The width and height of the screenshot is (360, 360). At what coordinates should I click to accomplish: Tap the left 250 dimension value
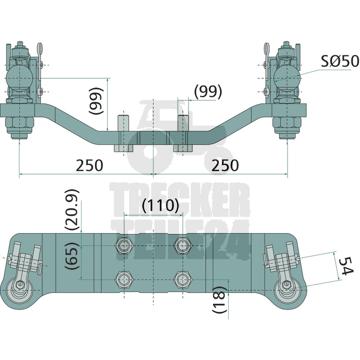coord(89,165)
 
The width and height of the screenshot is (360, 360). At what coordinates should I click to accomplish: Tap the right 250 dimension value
coord(225,165)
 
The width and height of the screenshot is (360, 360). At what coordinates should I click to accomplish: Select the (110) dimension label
coord(160,206)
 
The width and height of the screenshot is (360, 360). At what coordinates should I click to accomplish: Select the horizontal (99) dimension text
coord(208,91)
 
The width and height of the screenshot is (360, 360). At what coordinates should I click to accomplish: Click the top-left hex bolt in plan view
coord(124,246)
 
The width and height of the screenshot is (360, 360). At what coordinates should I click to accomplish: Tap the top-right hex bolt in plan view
coord(182,246)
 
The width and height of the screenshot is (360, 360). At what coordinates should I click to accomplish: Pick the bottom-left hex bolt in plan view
coord(124,279)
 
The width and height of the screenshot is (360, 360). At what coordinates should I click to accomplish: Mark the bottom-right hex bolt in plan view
coord(182,279)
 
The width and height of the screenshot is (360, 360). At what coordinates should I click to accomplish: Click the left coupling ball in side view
coord(19,77)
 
